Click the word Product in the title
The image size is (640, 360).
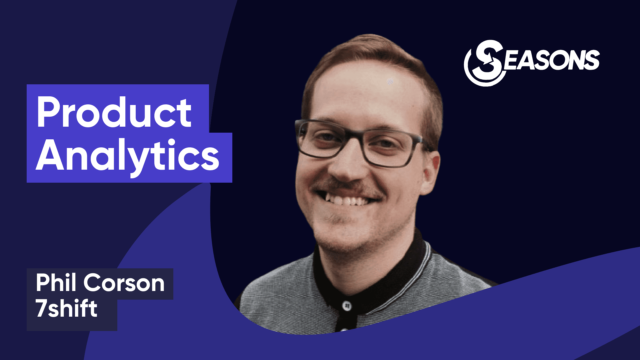[114, 112]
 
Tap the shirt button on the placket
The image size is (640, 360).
[347, 305]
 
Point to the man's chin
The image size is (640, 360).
[337, 238]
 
